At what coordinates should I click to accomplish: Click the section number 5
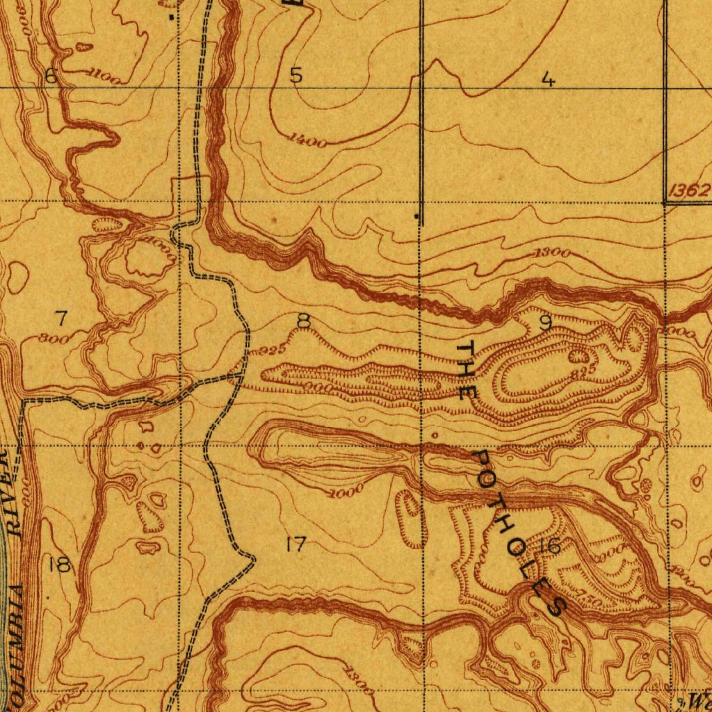(x=296, y=75)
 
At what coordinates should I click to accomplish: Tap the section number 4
(x=549, y=80)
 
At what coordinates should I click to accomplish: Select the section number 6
(x=51, y=76)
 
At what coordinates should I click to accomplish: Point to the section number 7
(x=61, y=318)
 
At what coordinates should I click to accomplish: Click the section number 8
(x=303, y=321)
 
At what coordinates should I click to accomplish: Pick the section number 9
(x=546, y=323)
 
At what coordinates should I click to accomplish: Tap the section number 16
(x=551, y=546)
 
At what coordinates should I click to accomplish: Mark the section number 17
(x=296, y=544)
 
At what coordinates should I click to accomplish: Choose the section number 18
(x=60, y=565)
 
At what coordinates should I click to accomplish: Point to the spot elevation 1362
(x=689, y=191)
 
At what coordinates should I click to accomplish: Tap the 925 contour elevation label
(x=269, y=350)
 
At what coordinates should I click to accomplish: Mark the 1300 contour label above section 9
(x=553, y=253)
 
